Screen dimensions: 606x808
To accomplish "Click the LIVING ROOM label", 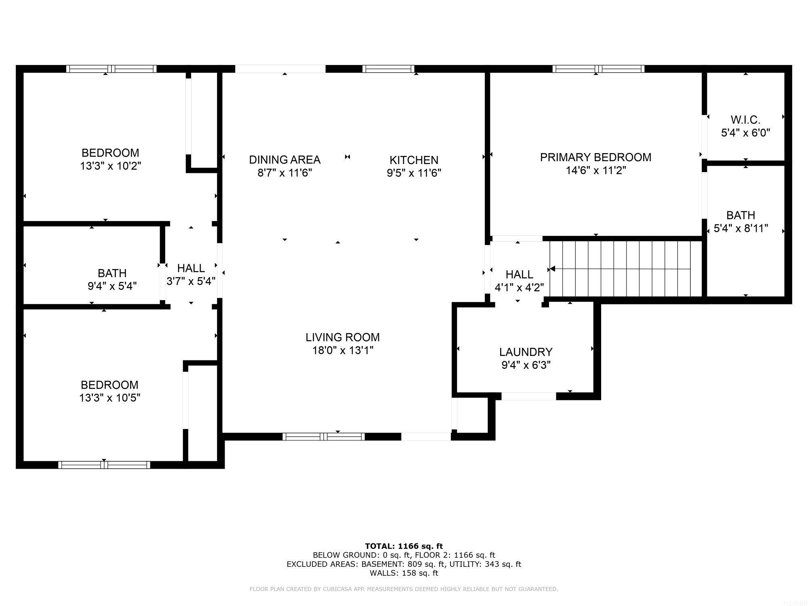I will pyautogui.click(x=342, y=337).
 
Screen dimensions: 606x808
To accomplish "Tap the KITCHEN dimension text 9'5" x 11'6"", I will pyautogui.click(x=414, y=173).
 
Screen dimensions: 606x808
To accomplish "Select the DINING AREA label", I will pyautogui.click(x=284, y=160).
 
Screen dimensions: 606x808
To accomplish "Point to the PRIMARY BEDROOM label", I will pyautogui.click(x=595, y=157).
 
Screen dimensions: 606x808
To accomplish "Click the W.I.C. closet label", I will pyautogui.click(x=745, y=120).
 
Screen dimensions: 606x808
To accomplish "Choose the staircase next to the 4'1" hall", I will pyautogui.click(x=626, y=269).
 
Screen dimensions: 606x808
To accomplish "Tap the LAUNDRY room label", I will pyautogui.click(x=526, y=352).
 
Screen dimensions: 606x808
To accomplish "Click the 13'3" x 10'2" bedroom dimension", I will pyautogui.click(x=110, y=166).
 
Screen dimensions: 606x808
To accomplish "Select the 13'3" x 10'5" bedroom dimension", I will pyautogui.click(x=109, y=398).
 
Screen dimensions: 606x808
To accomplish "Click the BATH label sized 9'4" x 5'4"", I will pyautogui.click(x=112, y=273).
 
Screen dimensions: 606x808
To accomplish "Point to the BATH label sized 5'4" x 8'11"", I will pyautogui.click(x=741, y=215).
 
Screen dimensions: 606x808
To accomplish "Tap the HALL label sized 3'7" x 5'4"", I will pyautogui.click(x=191, y=268).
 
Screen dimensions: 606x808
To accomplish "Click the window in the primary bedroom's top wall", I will pyautogui.click(x=598, y=69).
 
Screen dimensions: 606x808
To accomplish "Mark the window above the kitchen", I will pyautogui.click(x=389, y=69).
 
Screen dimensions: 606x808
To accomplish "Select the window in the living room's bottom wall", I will pyautogui.click(x=323, y=436).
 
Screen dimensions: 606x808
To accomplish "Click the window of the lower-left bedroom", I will pyautogui.click(x=104, y=465).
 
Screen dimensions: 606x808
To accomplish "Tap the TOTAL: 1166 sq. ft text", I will pyautogui.click(x=404, y=546).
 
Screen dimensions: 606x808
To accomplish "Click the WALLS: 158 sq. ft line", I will pyautogui.click(x=404, y=573).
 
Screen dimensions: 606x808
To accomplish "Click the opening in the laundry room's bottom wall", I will pyautogui.click(x=528, y=396).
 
